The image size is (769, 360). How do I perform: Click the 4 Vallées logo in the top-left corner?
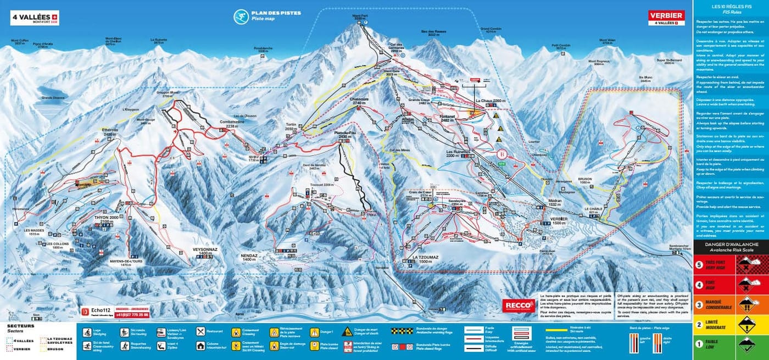pyautogui.click(x=35, y=18)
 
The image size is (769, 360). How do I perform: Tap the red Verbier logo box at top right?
pyautogui.click(x=666, y=18)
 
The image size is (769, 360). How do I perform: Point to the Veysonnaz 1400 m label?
pyautogui.click(x=205, y=250)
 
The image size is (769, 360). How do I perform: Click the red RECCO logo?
pyautogui.click(x=517, y=306)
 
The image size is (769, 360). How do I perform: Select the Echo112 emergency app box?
pyautogui.click(x=115, y=312)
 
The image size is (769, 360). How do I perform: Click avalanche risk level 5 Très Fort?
pyautogui.click(x=728, y=265)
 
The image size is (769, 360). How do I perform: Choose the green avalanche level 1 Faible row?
pyautogui.click(x=728, y=345)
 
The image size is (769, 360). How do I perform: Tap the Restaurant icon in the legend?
pyautogui.click(x=201, y=332)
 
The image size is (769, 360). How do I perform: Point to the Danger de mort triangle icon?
pyautogui.click(x=347, y=332)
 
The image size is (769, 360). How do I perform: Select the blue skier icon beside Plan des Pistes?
pyautogui.click(x=240, y=16)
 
